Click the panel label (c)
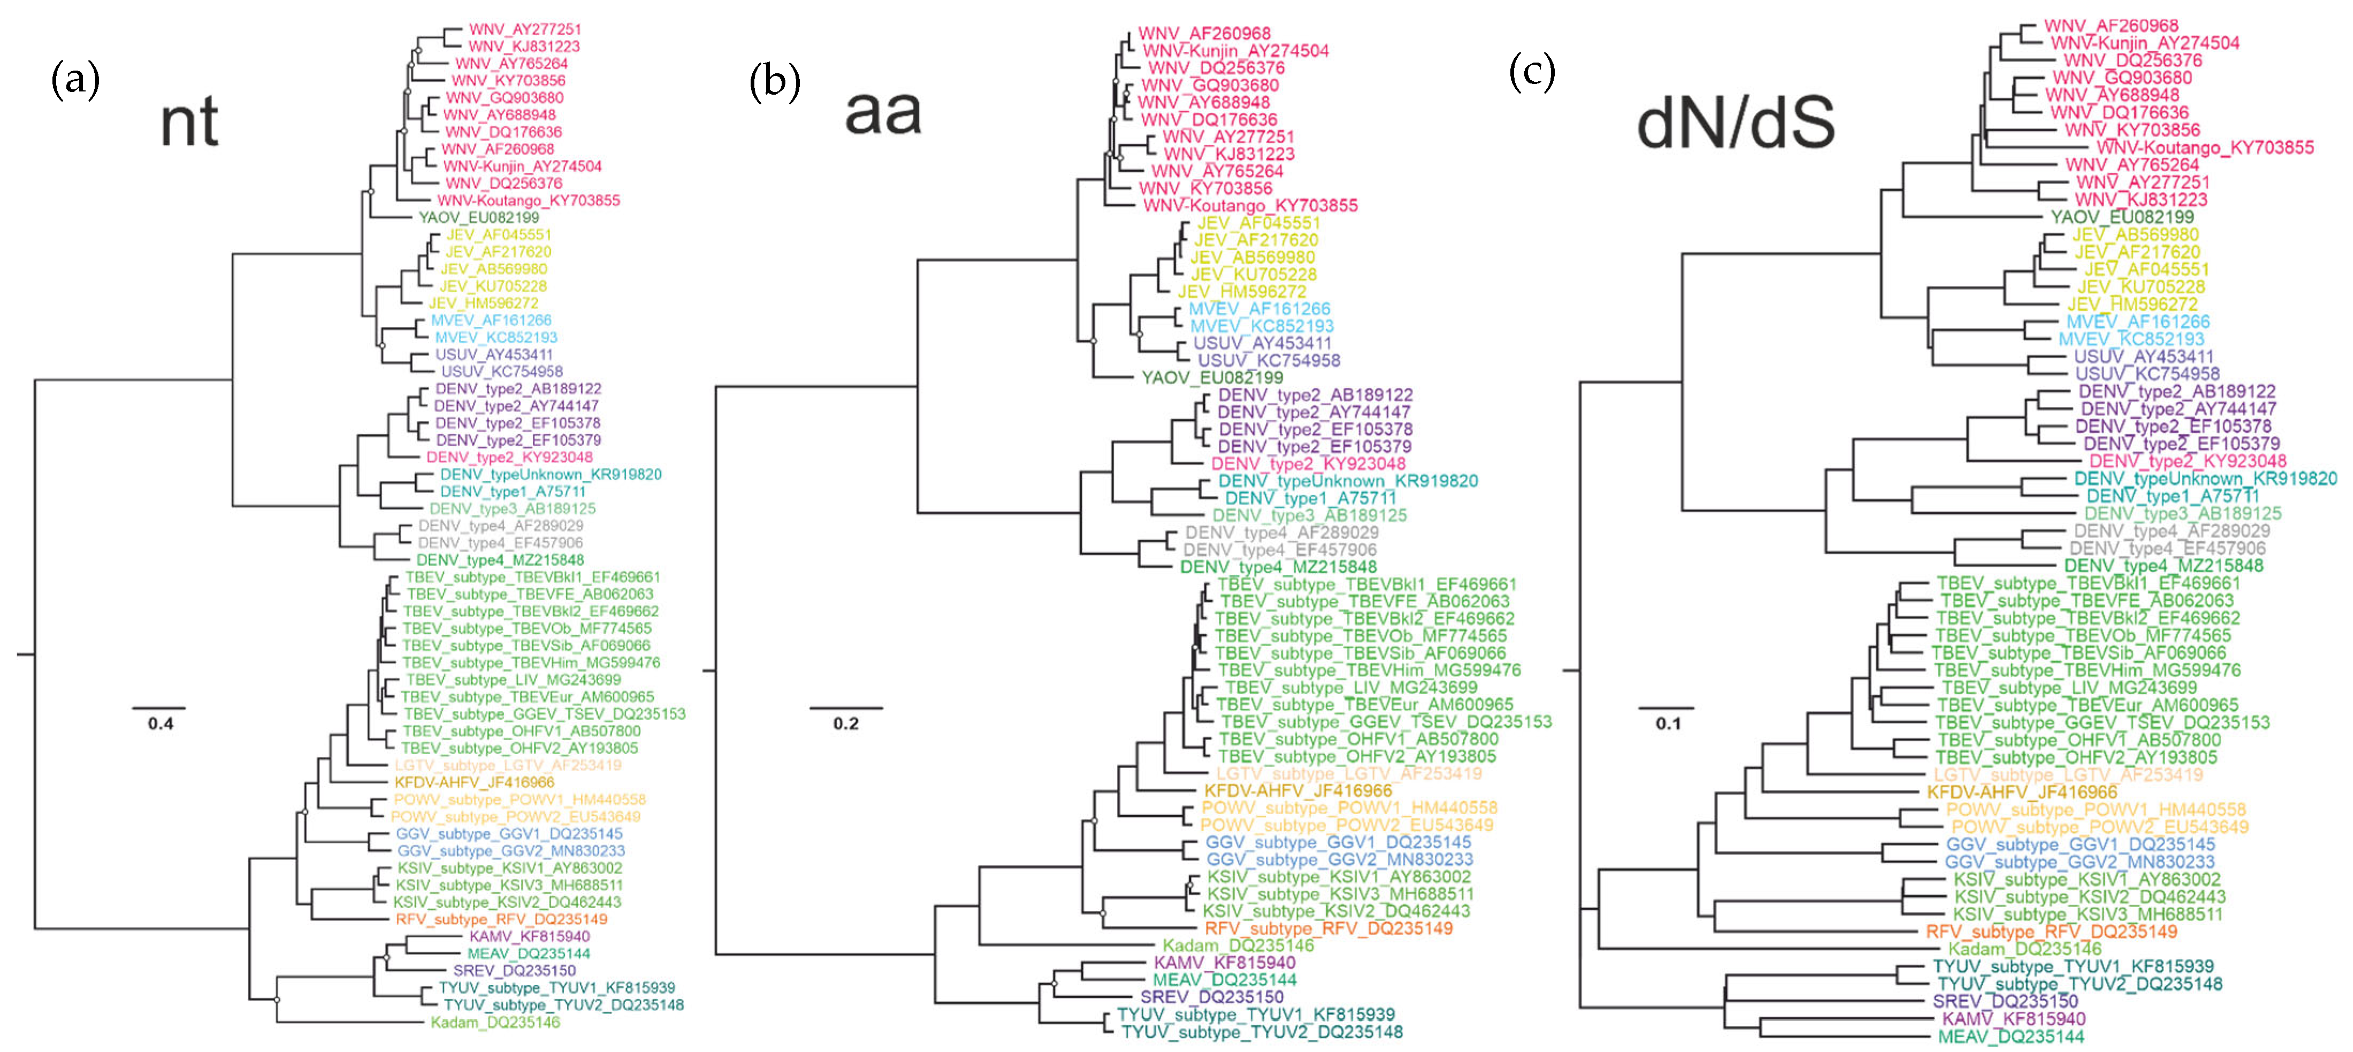coord(1532,71)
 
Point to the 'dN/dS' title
coord(1736,124)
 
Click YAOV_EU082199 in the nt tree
coord(479,217)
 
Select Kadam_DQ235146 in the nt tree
coord(495,1023)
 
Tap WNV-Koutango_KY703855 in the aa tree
coord(1250,205)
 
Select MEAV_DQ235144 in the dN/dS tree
coord(2011,1036)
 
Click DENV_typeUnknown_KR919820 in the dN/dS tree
coord(2205,479)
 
